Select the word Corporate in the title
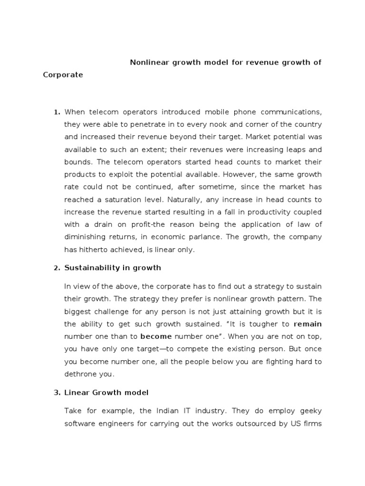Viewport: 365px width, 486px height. [63, 75]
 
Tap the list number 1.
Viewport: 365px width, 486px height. [57, 112]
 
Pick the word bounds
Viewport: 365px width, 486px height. [77, 162]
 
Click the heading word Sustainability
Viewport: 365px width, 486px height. [90, 268]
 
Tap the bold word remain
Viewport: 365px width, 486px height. [307, 324]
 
